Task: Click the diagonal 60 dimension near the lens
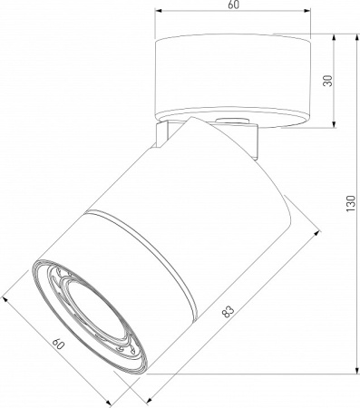tap(59, 344)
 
